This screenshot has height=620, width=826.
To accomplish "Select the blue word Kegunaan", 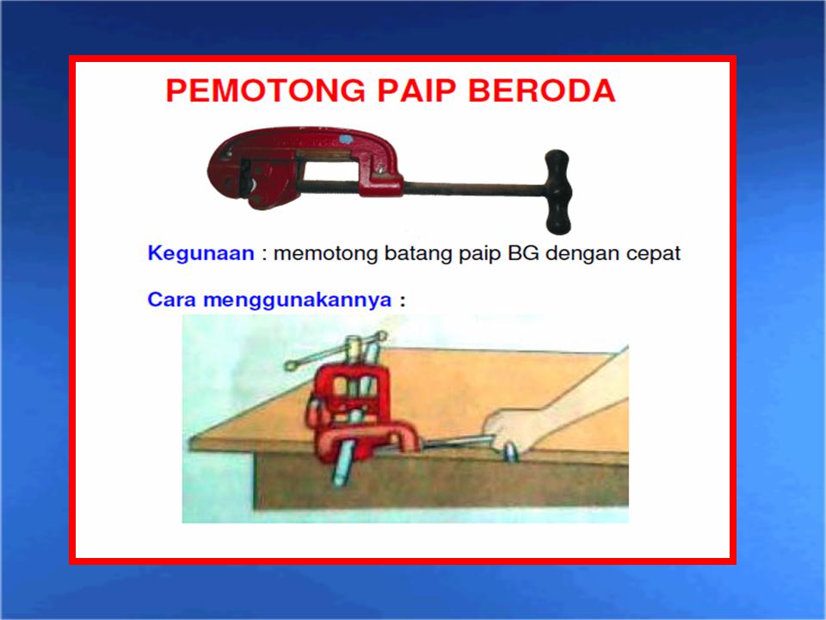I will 200,254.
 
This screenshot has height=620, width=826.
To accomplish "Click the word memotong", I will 319,254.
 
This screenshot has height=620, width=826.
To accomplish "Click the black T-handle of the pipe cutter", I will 558,191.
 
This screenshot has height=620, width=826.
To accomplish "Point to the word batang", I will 400,254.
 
